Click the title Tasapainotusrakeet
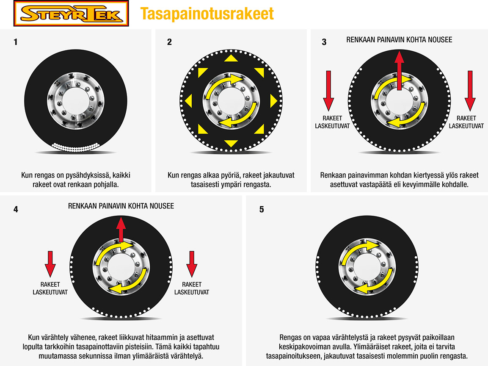(207, 14)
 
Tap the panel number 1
(16, 42)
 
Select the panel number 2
(169, 42)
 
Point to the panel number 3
(324, 42)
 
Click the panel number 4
(16, 209)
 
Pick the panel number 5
(262, 209)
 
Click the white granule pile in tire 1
(74, 147)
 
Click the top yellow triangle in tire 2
(231, 59)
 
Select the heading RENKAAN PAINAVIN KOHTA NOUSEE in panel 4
(121, 206)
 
